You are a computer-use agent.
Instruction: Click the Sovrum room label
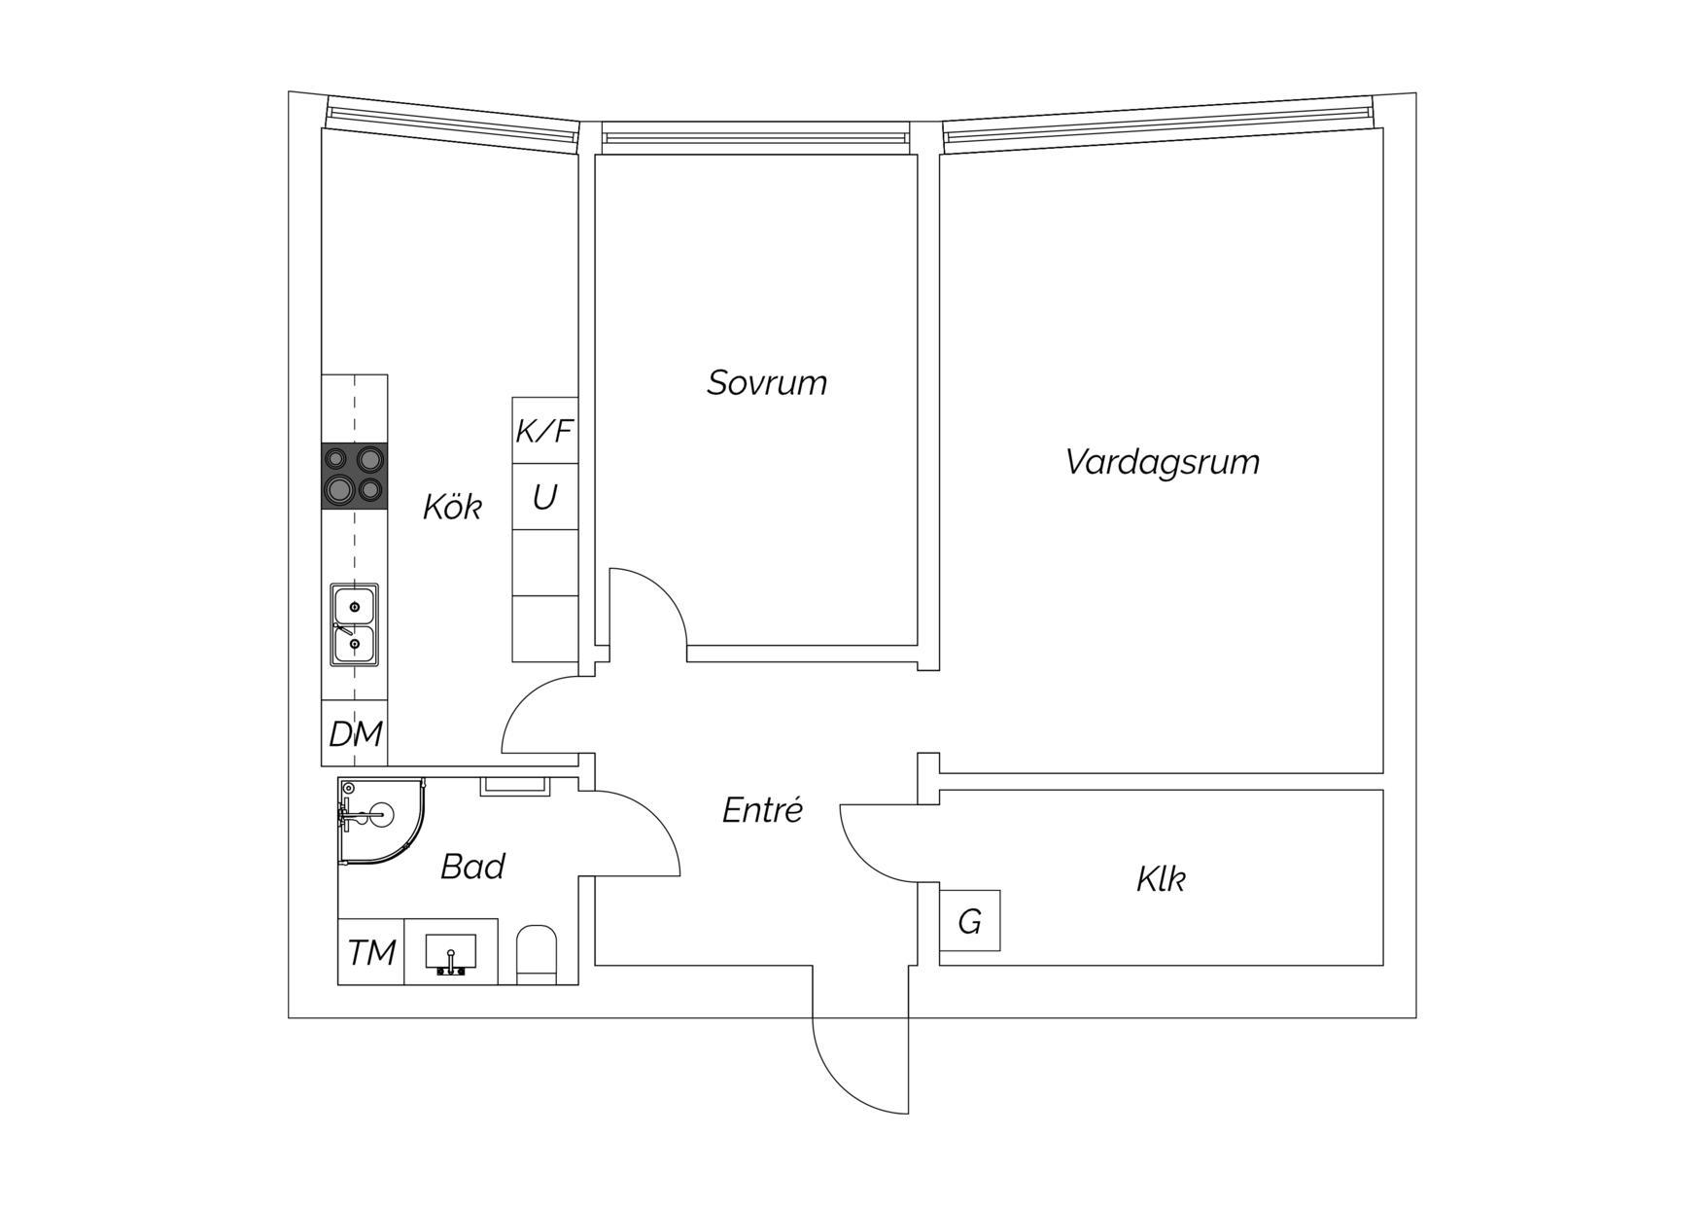point(767,382)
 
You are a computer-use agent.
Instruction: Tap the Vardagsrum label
point(1163,461)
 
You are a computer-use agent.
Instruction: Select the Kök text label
point(452,506)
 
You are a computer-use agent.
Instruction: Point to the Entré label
point(762,809)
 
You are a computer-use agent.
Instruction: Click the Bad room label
point(472,866)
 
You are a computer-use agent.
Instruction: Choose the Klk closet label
point(1161,879)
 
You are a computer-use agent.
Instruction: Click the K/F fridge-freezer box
point(545,430)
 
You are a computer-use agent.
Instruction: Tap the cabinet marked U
point(545,497)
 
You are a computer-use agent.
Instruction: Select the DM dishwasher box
point(355,733)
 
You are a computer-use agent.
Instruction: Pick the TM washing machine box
point(371,951)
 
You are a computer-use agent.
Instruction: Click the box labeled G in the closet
point(970,920)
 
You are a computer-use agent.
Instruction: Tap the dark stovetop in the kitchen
point(355,476)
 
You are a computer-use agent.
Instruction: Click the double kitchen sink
point(355,624)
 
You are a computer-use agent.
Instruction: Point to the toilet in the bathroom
point(537,954)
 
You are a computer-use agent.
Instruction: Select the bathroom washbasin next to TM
point(451,951)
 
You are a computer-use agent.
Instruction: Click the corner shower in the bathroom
point(382,820)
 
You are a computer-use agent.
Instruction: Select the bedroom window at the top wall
point(756,137)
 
